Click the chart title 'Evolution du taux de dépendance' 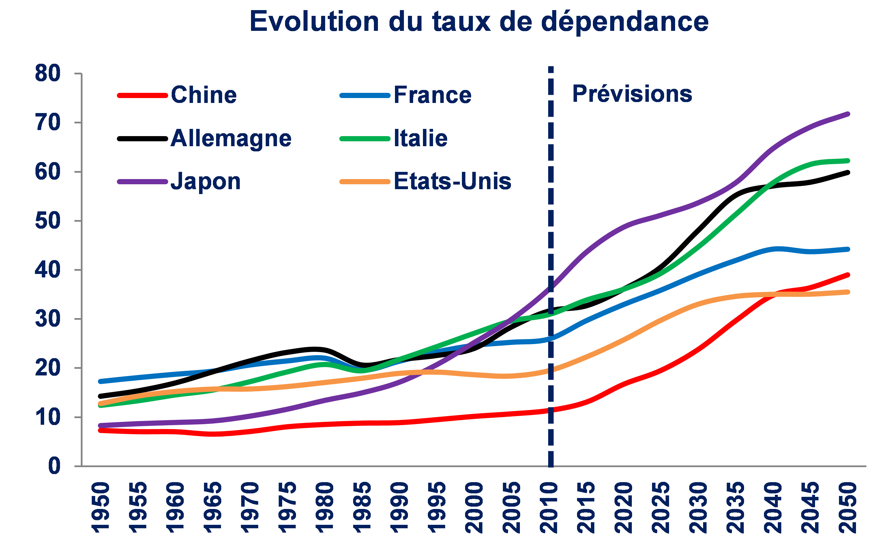479,22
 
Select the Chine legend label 204,95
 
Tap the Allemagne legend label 231,138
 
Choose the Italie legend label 420,138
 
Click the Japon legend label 205,181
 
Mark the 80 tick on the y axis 48,74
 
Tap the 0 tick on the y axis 54,466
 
